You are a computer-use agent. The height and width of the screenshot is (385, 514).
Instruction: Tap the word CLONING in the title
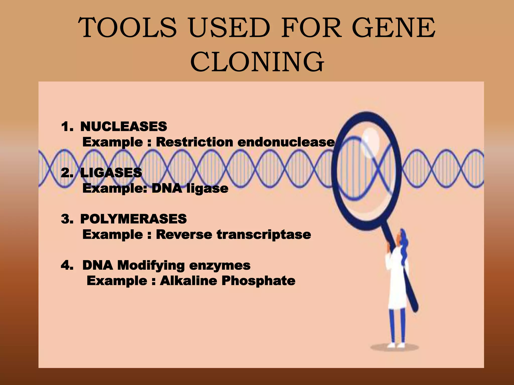pos(257,61)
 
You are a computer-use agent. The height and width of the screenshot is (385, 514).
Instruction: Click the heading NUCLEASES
pos(123,126)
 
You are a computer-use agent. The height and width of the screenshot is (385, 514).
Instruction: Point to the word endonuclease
pos(286,142)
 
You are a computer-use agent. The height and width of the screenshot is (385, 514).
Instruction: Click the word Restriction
pos(195,142)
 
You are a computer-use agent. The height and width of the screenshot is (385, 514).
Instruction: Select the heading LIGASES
pos(111,173)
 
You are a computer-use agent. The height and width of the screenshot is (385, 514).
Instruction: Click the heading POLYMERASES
pos(134,219)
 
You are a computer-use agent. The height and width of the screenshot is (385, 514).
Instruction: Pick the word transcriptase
pos(264,235)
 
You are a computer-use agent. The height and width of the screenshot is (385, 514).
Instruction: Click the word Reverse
pos(184,235)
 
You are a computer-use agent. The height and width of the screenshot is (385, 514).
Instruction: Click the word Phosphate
pos(258,280)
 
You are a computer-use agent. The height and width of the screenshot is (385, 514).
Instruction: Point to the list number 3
pos(66,219)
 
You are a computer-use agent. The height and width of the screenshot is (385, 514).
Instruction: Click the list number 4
pos(66,265)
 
